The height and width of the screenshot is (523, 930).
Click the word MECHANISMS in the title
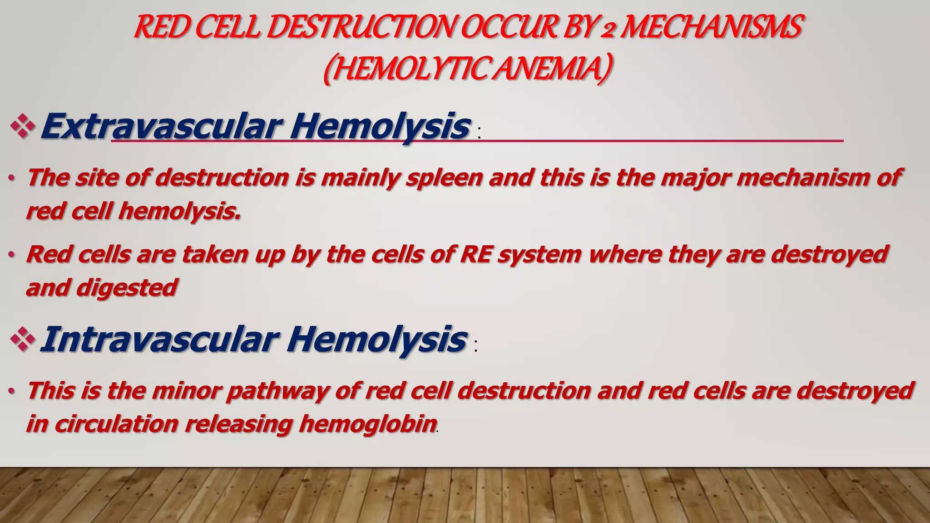(711, 27)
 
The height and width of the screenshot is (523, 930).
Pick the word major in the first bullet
(694, 177)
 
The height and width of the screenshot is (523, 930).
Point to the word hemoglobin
(368, 424)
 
